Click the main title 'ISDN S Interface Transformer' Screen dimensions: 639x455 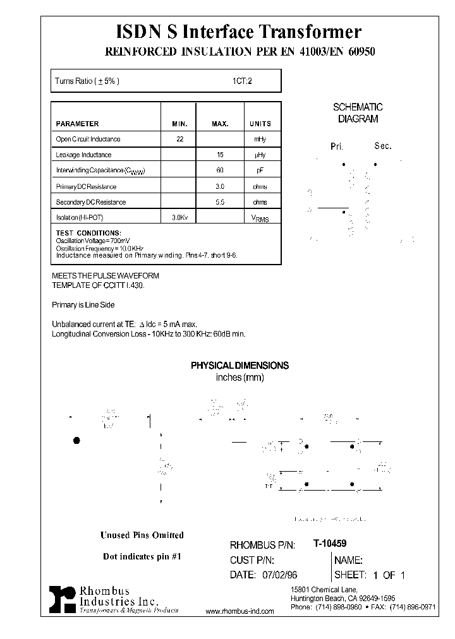[x=240, y=32]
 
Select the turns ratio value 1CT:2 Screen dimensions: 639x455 [x=242, y=81]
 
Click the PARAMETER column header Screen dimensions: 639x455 [x=78, y=124]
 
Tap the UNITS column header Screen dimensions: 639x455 [x=260, y=124]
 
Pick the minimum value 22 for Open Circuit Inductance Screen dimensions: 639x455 [x=179, y=139]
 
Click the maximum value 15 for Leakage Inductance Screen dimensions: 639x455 [x=220, y=155]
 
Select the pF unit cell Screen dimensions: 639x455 [x=260, y=170]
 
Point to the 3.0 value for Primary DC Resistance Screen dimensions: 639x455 [x=220, y=187]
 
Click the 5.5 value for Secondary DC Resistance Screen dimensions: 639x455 [x=220, y=203]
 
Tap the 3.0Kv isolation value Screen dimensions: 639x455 [x=179, y=218]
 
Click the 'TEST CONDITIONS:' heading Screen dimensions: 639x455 [x=88, y=233]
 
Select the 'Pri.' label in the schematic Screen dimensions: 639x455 [x=336, y=146]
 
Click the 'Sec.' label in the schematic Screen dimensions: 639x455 [x=383, y=146]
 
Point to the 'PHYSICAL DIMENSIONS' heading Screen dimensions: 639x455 [x=240, y=366]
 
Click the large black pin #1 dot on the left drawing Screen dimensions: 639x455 [x=77, y=440]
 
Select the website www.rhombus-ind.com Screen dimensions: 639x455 [x=240, y=612]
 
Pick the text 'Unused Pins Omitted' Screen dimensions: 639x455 [x=142, y=535]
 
